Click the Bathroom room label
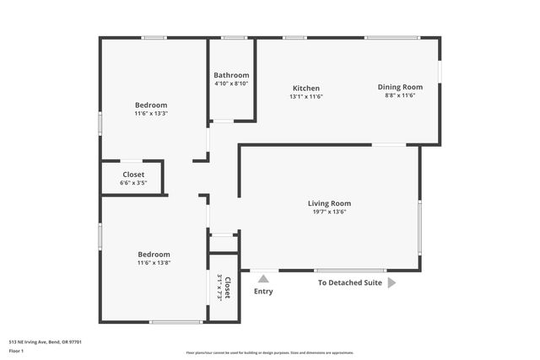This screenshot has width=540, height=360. pyautogui.click(x=230, y=75)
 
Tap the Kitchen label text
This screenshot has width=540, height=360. pyautogui.click(x=305, y=89)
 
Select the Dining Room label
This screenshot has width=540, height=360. pyautogui.click(x=400, y=87)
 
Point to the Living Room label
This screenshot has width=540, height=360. pyautogui.click(x=328, y=203)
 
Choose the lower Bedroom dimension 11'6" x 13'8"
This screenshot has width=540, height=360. pyautogui.click(x=154, y=262)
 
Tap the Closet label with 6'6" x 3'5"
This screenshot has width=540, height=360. pyautogui.click(x=133, y=175)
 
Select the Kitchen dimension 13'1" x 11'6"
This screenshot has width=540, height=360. pyautogui.click(x=305, y=96)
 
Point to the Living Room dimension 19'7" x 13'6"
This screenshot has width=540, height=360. pyautogui.click(x=328, y=212)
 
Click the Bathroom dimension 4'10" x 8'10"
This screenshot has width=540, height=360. pyautogui.click(x=230, y=83)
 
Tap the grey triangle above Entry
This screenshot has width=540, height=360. pyautogui.click(x=263, y=279)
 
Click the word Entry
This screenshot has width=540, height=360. pyautogui.click(x=263, y=292)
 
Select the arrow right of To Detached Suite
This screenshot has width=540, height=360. pyautogui.click(x=391, y=283)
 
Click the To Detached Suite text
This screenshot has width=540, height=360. pyautogui.click(x=349, y=283)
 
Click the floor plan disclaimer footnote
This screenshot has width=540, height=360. pyautogui.click(x=269, y=352)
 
